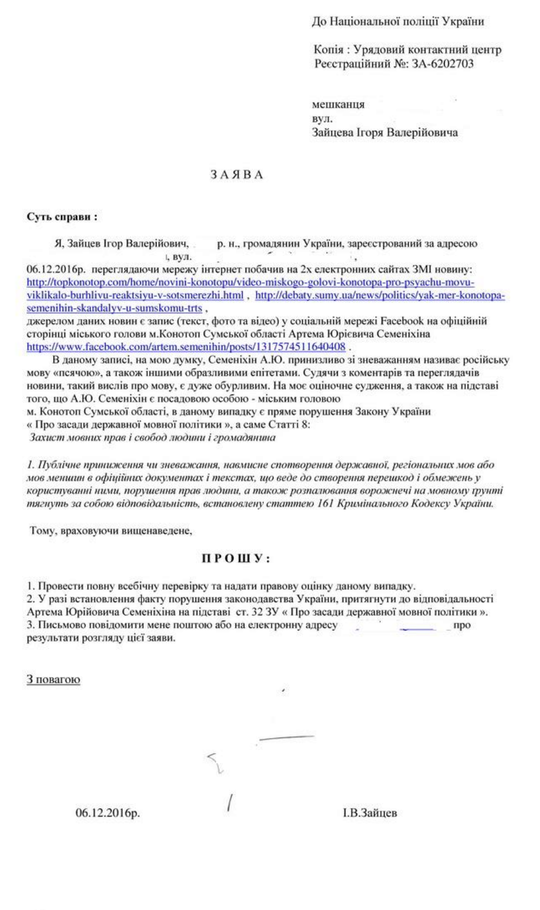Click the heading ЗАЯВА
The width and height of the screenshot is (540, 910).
point(237,175)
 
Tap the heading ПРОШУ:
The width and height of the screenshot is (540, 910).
point(236,559)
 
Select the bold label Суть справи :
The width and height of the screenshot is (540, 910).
point(62,217)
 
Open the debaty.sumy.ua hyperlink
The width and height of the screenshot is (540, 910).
point(380,296)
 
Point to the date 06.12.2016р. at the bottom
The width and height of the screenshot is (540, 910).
point(108,812)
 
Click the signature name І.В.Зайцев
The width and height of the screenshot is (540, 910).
point(370,812)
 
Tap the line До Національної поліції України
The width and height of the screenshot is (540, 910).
point(399,22)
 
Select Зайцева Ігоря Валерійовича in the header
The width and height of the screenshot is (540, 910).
point(386,133)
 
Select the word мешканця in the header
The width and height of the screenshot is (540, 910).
point(339,105)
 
